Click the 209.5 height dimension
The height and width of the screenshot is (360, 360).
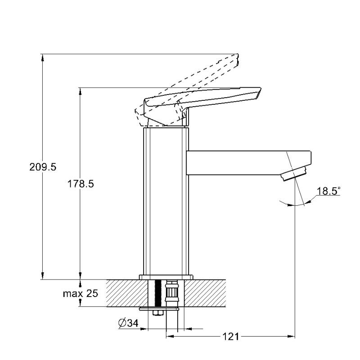43,167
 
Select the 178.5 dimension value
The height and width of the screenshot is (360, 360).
81,184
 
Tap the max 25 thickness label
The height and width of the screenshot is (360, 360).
81,293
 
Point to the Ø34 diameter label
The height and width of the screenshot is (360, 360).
128,323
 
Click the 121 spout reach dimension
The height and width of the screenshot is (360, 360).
231,337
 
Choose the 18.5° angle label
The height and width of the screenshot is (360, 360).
328,191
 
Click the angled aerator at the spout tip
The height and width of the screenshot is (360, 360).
294,174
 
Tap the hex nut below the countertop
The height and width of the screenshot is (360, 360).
157,313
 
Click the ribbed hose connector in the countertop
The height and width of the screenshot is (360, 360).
172,293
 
